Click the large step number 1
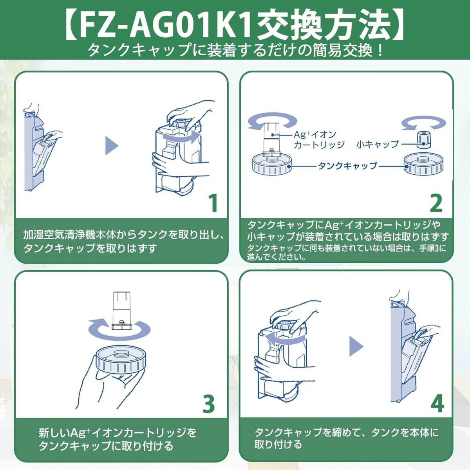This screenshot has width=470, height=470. pos(212,202)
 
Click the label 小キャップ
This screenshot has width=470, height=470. pos(377,144)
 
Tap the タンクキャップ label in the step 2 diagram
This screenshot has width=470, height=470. pos(347,166)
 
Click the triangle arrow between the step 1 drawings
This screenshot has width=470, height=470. pos(112,146)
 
